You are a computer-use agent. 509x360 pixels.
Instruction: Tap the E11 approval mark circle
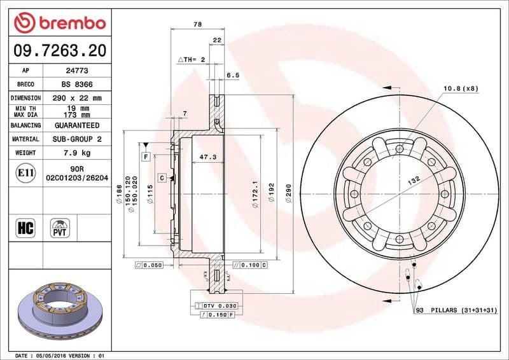24,172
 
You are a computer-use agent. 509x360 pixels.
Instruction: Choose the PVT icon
60,228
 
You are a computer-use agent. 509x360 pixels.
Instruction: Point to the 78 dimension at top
197,24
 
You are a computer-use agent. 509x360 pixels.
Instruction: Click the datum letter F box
146,156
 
